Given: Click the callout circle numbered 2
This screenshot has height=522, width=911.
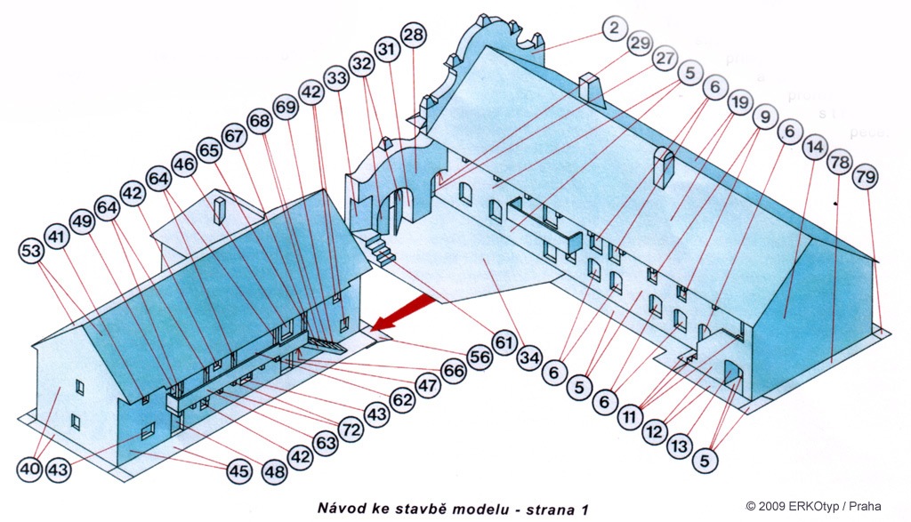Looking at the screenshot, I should [614, 28].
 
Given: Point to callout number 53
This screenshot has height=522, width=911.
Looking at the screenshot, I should [31, 253].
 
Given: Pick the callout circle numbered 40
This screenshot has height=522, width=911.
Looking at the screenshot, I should [31, 468].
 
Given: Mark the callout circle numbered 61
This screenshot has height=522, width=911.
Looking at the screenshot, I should [505, 342].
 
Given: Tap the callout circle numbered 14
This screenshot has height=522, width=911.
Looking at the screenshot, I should [814, 148].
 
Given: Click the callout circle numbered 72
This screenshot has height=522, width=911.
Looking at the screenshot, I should [353, 430].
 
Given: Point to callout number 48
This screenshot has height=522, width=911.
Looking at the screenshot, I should [274, 470].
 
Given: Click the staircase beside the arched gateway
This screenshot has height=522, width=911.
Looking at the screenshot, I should [380, 249].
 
